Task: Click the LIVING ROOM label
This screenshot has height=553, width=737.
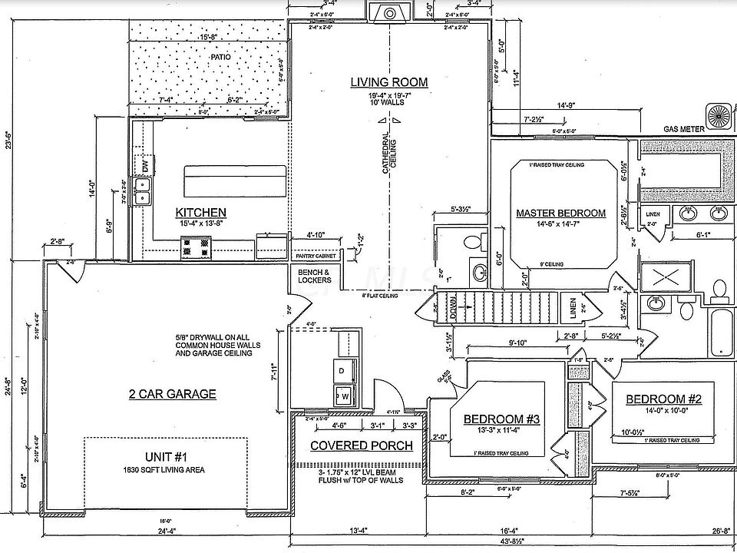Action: [x=389, y=82]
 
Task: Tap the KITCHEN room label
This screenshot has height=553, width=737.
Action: [x=200, y=212]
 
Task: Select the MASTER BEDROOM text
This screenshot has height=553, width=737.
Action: [x=560, y=213]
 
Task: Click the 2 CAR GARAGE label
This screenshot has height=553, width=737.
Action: [x=172, y=394]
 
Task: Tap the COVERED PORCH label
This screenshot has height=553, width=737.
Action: [x=361, y=445]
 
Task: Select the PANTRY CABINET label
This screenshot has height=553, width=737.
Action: [x=313, y=256]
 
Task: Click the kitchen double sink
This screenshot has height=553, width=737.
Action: [x=142, y=191]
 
